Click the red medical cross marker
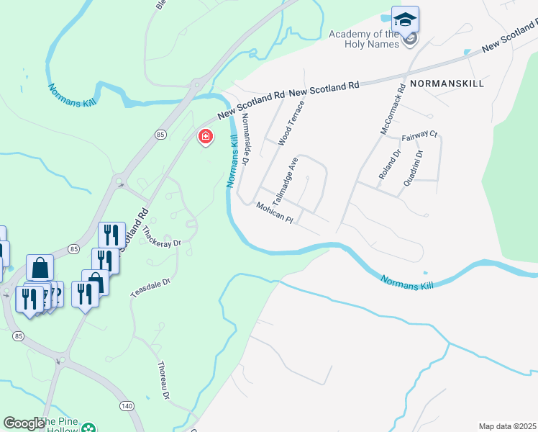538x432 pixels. point(206,136)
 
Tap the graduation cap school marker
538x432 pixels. point(406,19)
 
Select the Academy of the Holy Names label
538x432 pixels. point(363,39)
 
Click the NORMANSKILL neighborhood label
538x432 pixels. point(447,84)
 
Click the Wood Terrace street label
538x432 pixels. point(291,123)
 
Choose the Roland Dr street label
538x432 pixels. point(389,165)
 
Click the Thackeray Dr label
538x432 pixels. point(162,238)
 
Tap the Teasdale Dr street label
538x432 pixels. point(150,287)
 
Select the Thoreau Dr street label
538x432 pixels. point(163,380)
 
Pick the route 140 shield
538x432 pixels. point(127,406)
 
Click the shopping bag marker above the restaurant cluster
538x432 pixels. point(40,267)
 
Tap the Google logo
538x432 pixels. point(24,423)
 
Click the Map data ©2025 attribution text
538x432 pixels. point(508,426)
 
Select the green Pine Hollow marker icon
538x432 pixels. point(88,428)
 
